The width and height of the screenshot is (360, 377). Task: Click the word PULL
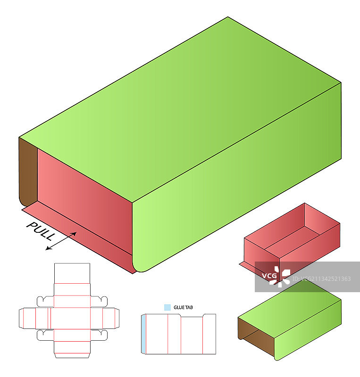[x=41, y=231]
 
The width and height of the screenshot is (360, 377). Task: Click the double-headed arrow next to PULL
[x=61, y=241]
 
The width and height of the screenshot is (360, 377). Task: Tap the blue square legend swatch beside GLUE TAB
[x=167, y=307]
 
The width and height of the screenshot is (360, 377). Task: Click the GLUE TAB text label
[x=183, y=308]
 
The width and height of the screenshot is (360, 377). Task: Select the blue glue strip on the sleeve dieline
[x=143, y=334]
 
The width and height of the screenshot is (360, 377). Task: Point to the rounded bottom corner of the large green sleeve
[x=138, y=269]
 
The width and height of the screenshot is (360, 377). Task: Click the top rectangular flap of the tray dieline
[x=72, y=273]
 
